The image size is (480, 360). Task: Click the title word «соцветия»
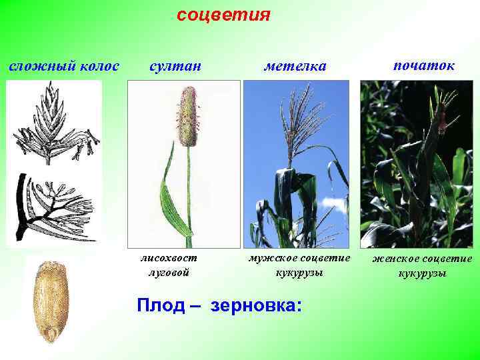[x=223, y=15]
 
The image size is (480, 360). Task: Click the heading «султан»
[x=175, y=67]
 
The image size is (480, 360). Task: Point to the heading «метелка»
[x=295, y=67]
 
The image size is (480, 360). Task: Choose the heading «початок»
[x=424, y=65]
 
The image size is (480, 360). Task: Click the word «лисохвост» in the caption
[x=169, y=259]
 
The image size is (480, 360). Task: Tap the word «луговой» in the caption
[x=169, y=272]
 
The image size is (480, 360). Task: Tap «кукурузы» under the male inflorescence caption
[x=297, y=273]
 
